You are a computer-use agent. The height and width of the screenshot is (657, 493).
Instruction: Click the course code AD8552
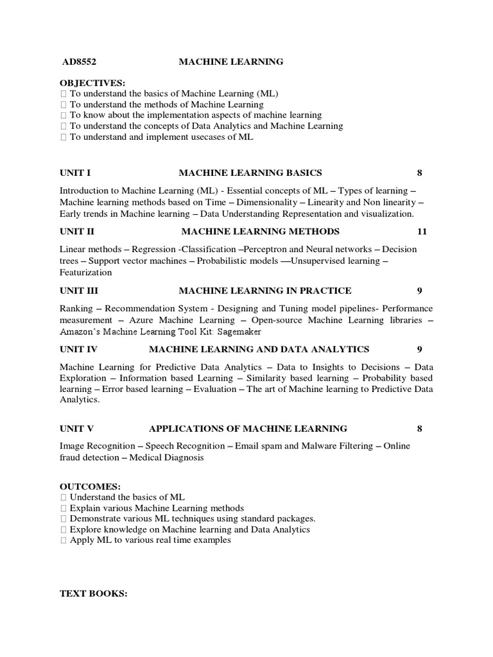(79, 62)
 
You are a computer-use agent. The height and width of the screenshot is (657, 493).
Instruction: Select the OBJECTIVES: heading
(92, 83)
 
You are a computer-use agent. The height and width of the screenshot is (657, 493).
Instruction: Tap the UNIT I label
(75, 173)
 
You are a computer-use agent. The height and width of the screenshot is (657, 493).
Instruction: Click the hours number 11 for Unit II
(421, 231)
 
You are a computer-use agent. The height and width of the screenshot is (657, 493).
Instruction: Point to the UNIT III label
(79, 291)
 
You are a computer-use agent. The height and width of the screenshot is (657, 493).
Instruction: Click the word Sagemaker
(239, 332)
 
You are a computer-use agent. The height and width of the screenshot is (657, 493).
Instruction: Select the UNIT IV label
(79, 349)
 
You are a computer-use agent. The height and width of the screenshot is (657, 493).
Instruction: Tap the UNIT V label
(77, 429)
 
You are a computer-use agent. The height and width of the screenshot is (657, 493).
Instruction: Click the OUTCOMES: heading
(90, 486)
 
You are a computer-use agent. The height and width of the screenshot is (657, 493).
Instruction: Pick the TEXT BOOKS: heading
(94, 594)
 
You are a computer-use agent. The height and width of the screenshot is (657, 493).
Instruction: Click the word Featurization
(85, 272)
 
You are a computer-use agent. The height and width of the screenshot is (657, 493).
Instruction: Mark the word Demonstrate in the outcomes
(96, 518)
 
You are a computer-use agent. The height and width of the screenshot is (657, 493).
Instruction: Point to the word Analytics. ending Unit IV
(80, 399)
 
